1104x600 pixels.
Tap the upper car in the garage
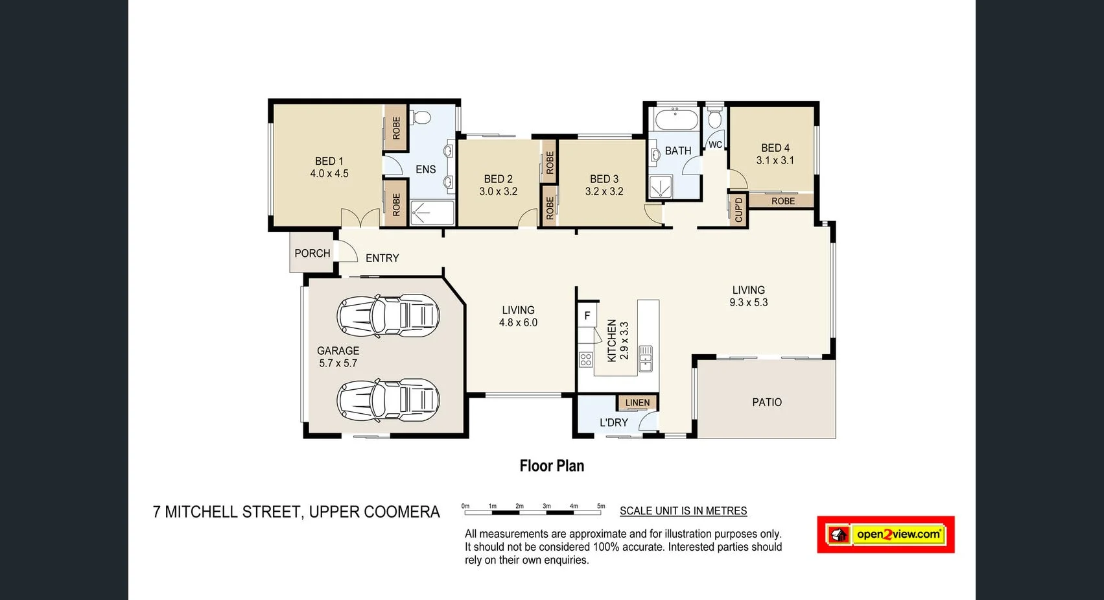[x=388, y=316]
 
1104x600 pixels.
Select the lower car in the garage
[x=388, y=400]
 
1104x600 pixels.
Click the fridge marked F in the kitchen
[x=587, y=316]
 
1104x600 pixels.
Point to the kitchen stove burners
[x=585, y=359]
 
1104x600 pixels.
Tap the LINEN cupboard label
[x=637, y=403]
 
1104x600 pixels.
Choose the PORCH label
[x=312, y=253]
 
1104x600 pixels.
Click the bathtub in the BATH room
[x=676, y=120]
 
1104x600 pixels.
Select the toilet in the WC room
[x=714, y=119]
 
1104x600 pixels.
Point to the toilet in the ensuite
[x=421, y=118]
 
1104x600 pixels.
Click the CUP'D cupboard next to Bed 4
[x=738, y=210]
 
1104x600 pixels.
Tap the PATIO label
[x=766, y=402]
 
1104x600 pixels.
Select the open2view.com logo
[x=886, y=534]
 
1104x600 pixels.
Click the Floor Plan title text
[x=552, y=466]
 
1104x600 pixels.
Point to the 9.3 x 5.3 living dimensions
[x=748, y=302]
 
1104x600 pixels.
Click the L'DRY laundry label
[x=613, y=422]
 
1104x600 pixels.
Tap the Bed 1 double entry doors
[x=360, y=218]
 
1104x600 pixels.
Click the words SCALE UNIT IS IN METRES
[x=683, y=511]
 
